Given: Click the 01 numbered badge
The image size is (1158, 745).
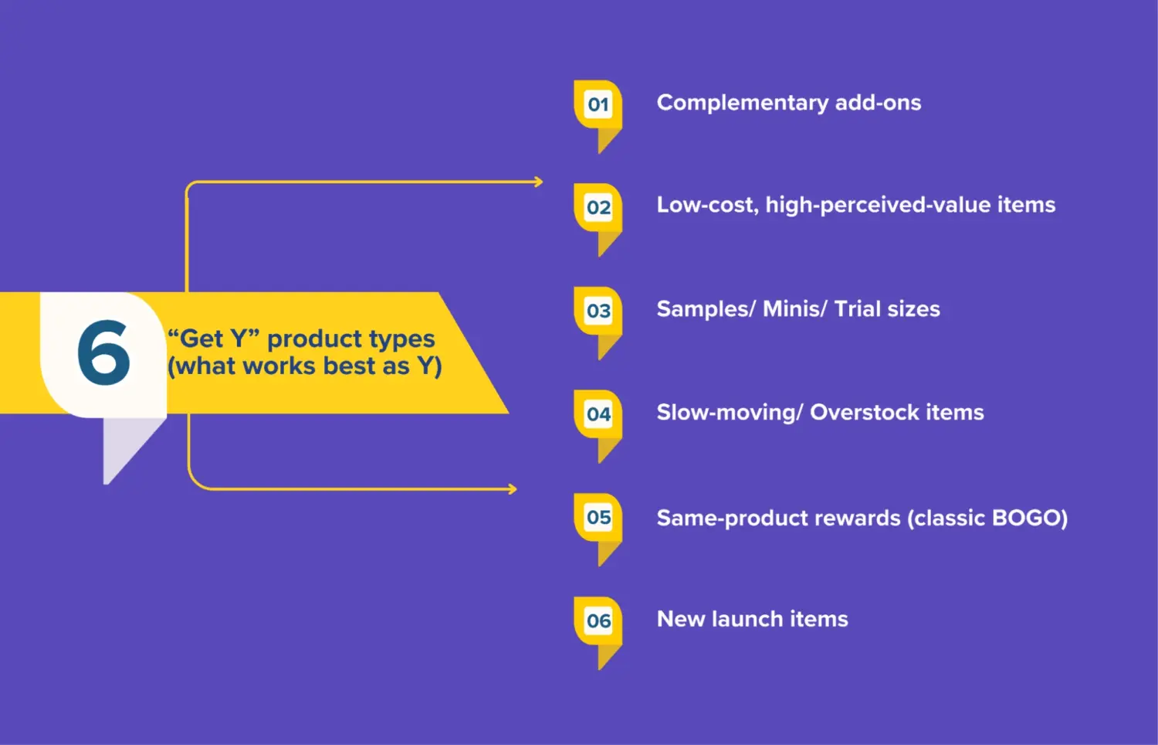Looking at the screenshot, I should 598,104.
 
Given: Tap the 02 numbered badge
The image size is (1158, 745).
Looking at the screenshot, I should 598,208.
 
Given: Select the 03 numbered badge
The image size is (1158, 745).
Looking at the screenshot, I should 598,311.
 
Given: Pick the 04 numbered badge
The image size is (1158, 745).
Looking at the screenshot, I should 598,415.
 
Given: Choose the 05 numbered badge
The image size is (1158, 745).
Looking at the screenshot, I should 598,518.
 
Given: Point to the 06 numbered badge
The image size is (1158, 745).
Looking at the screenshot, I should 598,621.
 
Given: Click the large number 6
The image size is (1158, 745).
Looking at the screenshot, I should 103,353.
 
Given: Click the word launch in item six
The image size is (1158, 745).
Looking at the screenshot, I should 747,619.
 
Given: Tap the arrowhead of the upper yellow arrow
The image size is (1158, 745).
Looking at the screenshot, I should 538,182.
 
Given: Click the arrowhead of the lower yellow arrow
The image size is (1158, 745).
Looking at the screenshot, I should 512,489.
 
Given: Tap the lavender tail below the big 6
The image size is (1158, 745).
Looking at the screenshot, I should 124,448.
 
